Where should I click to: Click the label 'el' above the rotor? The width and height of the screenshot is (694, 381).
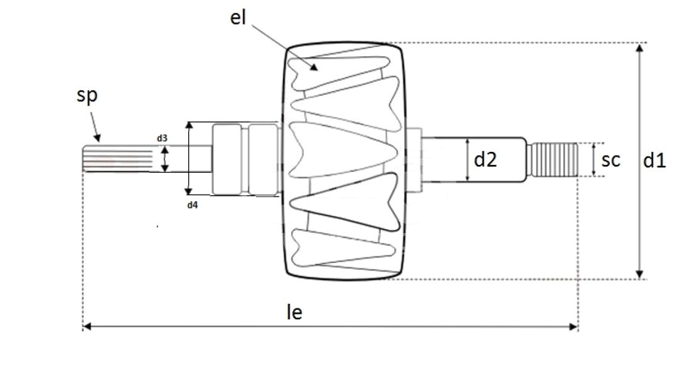coord(238,19)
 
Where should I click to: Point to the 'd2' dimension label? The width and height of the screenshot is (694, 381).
coord(485,160)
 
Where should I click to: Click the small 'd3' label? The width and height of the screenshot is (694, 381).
coord(162,138)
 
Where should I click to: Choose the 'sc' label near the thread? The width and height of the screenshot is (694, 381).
coord(611,160)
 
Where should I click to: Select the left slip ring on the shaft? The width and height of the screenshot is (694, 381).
coord(228,159)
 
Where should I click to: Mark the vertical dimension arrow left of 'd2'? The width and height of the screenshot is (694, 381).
coord(467,160)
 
